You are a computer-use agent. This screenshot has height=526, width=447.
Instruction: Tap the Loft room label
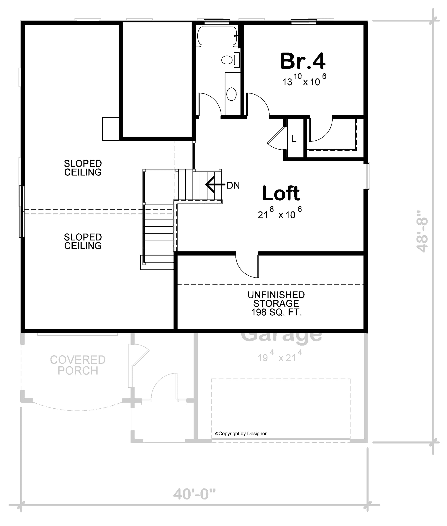281,193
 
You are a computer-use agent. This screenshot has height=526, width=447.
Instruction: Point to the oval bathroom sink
231,94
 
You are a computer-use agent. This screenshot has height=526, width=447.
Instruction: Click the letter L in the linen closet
293,139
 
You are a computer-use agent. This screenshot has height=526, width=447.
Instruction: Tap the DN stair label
233,186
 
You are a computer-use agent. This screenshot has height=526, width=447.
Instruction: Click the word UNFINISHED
276,295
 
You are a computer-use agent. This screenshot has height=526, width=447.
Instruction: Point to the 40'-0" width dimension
194,494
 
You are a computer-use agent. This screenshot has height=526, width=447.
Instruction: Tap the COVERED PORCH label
78,365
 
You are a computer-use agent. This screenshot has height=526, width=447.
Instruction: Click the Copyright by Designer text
241,433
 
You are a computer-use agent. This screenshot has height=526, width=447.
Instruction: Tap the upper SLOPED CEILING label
83,168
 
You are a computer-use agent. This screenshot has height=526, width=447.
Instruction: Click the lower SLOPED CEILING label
83,241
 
